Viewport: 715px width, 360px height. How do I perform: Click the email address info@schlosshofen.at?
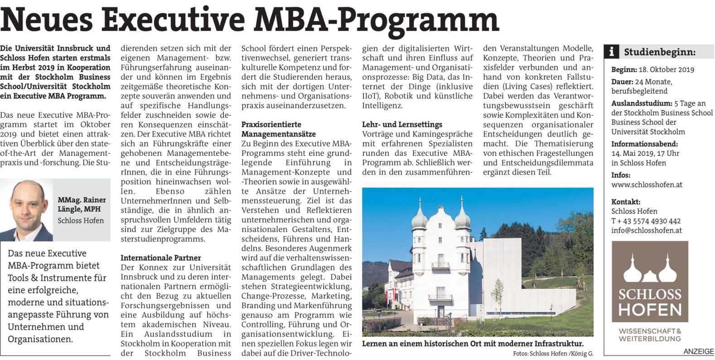[x=646, y=230]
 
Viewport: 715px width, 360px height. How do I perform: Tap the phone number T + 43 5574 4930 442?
[x=646, y=221]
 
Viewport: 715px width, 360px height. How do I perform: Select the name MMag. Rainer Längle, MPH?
[x=82, y=204]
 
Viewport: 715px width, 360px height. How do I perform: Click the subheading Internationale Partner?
[x=160, y=258]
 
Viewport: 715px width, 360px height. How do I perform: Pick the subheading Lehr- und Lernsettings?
[x=402, y=124]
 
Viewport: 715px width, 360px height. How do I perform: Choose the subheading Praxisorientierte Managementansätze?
[x=278, y=129]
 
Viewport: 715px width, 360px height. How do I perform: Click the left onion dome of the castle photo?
[x=419, y=218]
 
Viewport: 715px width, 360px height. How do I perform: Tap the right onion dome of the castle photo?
[x=462, y=218]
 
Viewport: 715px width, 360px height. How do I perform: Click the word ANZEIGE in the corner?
[x=698, y=352]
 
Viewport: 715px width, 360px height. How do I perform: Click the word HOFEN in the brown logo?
[x=649, y=310]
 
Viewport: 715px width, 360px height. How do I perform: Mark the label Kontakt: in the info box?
[x=626, y=202]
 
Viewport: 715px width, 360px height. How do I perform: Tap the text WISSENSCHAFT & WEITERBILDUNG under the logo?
[x=650, y=335]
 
